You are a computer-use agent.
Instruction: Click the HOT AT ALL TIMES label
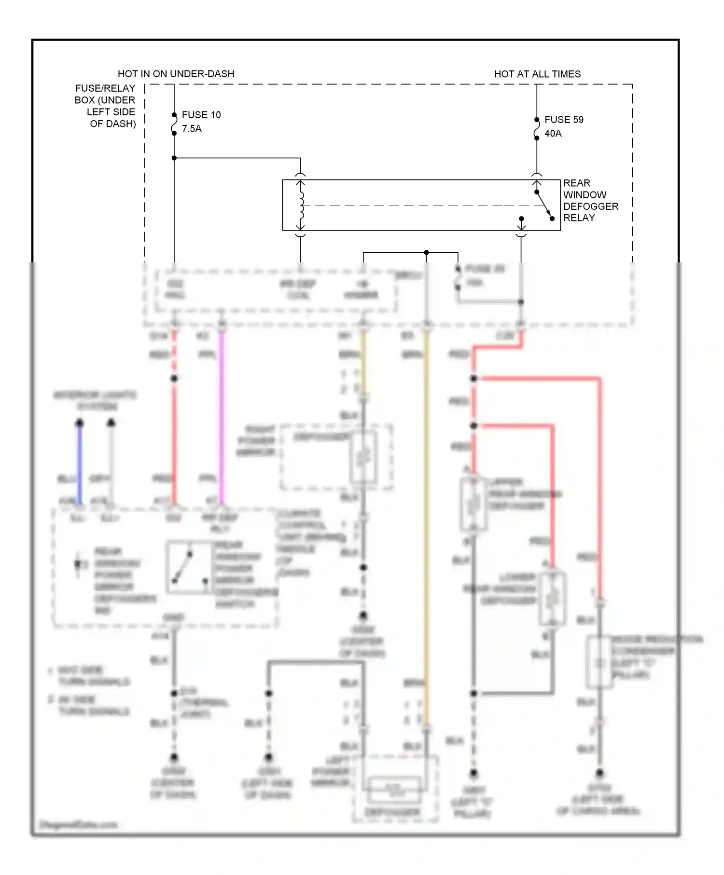tap(537, 74)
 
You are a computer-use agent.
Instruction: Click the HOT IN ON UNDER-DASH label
tap(176, 74)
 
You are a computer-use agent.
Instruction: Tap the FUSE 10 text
tap(201, 115)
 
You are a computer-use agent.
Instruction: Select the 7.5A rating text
tap(192, 129)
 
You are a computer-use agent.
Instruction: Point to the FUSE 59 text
tap(564, 120)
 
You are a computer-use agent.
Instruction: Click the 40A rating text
tap(553, 134)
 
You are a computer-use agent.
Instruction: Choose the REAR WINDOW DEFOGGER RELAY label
tap(590, 200)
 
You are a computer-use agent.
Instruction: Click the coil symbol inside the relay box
tap(301, 205)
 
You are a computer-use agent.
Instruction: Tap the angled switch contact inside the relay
tap(544, 205)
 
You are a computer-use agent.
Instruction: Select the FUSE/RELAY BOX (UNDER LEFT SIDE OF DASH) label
tap(105, 106)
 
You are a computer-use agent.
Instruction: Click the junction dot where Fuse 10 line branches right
tap(174, 158)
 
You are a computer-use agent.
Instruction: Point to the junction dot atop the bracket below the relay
tap(426, 252)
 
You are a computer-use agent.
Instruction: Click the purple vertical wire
tap(222, 415)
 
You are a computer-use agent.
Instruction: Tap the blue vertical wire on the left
tap(80, 463)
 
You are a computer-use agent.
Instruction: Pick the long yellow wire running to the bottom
tap(426, 531)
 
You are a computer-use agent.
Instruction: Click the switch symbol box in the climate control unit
tap(189, 567)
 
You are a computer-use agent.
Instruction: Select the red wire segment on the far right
tap(600, 482)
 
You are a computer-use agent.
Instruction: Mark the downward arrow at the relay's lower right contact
tap(521, 225)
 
